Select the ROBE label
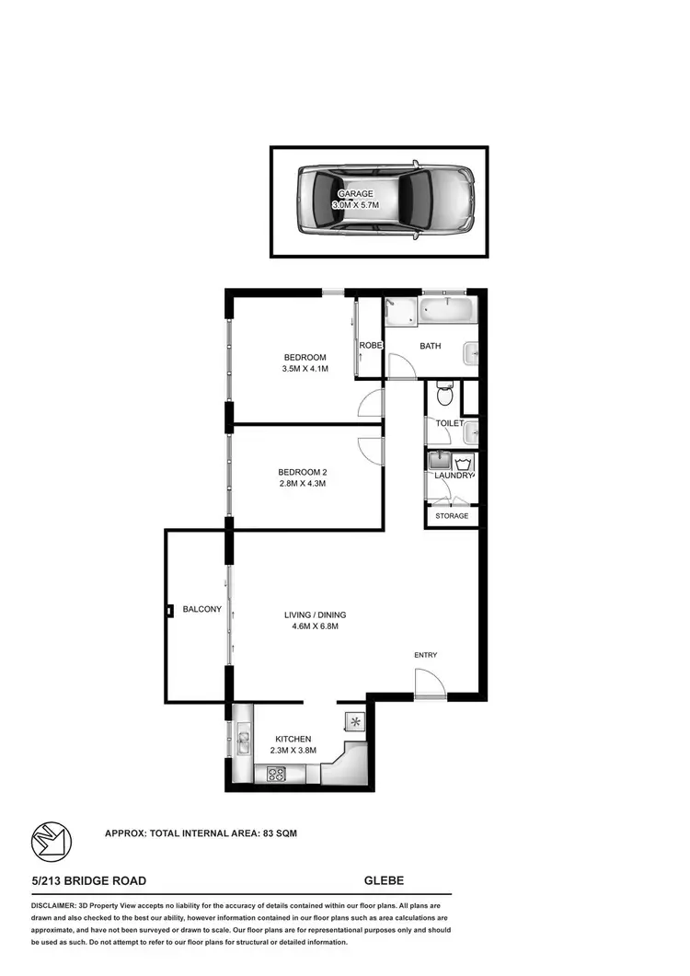pos(371,345)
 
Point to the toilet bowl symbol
pos(444,396)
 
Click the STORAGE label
pos(452,516)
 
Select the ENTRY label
pos(425,655)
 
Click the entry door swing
pos(428,684)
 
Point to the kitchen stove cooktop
pos(276,774)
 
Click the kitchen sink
pos(243,736)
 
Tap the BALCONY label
pos(201,609)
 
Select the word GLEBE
pos(384,881)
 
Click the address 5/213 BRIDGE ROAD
pos(88,881)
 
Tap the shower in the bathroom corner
pos(400,312)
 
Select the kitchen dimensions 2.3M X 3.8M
pos(293,751)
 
